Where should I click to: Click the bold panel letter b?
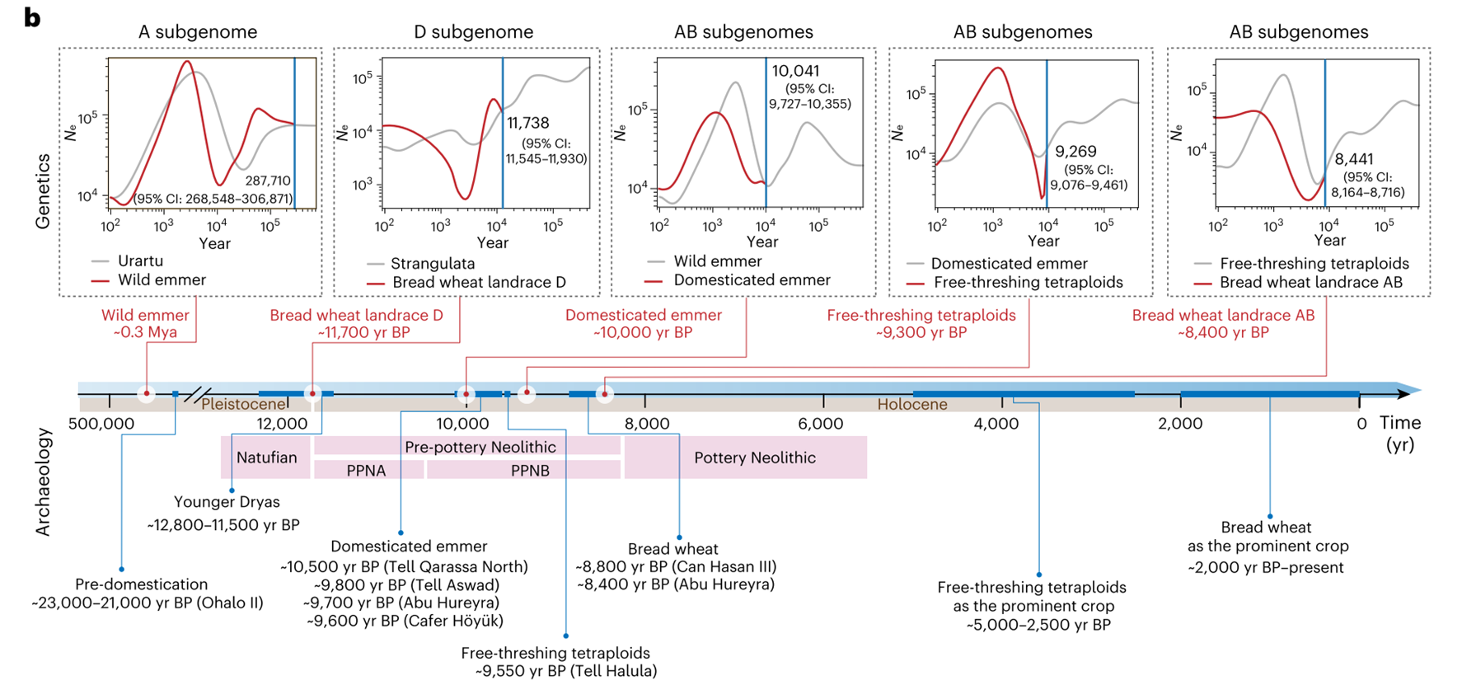coord(32,17)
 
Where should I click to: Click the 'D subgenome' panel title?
coord(473,32)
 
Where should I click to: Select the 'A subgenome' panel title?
coord(197,32)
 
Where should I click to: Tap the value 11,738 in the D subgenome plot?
coord(527,123)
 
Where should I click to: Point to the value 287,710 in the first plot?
coord(268,181)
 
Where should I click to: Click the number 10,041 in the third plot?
coord(795,72)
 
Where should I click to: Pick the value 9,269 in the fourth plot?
coord(1075,152)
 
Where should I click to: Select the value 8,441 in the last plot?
coord(1354,159)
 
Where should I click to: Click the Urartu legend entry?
coord(140,261)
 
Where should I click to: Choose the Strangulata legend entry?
coord(433,264)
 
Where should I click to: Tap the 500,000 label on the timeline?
coord(101,424)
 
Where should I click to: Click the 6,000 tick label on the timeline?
coord(821,424)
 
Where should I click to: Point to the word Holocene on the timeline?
coord(911,405)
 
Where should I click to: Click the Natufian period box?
coord(266,457)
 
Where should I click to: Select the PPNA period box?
coord(366,471)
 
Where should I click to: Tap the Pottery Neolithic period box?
coord(754,457)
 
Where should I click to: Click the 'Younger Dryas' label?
coord(227,502)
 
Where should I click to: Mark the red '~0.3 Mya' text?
coord(145,332)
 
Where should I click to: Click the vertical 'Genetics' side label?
coord(43,191)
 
